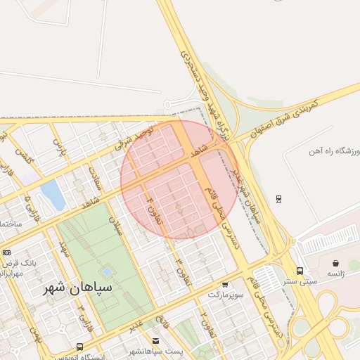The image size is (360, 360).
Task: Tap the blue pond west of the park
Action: click(52, 195)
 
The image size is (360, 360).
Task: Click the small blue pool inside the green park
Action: click(106, 271)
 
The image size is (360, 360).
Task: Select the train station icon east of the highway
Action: click(279, 199)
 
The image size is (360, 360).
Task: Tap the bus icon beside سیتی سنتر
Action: click(300, 271)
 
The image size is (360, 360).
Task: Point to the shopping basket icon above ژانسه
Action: click(335, 263)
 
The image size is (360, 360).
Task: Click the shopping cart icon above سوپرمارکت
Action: click(225, 284)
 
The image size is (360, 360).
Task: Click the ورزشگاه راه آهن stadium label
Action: click(333, 151)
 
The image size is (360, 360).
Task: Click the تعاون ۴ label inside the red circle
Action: click(154, 210)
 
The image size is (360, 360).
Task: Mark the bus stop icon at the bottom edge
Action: click(79, 347)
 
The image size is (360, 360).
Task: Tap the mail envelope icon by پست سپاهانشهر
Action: click(155, 340)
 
